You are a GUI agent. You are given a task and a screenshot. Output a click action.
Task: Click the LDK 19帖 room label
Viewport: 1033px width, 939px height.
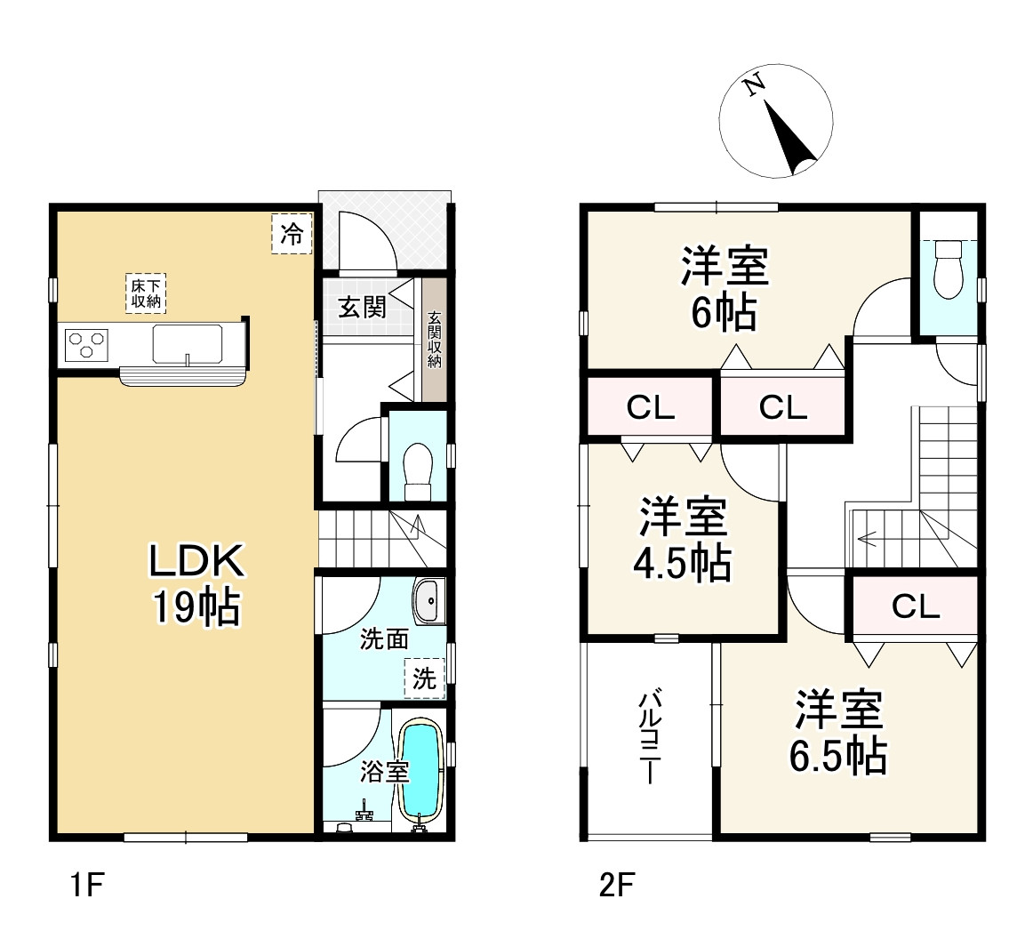pyautogui.click(x=196, y=584)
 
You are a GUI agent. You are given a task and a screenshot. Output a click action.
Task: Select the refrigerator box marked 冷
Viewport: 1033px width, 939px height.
pyautogui.click(x=292, y=233)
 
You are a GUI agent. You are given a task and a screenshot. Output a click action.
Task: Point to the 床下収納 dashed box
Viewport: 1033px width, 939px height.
pyautogui.click(x=146, y=293)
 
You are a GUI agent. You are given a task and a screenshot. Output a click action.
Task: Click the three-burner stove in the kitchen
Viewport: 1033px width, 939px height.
pyautogui.click(x=86, y=345)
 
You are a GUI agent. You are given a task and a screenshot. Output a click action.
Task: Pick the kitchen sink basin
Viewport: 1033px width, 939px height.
pyautogui.click(x=187, y=343)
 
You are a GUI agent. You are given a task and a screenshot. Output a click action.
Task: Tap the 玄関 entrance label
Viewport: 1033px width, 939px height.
pyautogui.click(x=362, y=307)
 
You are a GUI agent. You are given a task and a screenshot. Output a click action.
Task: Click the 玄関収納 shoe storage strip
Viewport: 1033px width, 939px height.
pyautogui.click(x=434, y=340)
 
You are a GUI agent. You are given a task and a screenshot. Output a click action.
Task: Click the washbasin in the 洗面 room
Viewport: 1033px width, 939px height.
pyautogui.click(x=428, y=601)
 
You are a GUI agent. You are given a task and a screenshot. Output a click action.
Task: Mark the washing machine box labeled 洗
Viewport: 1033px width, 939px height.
pyautogui.click(x=424, y=678)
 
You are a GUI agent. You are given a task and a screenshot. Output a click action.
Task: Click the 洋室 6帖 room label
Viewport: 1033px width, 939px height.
pyautogui.click(x=725, y=287)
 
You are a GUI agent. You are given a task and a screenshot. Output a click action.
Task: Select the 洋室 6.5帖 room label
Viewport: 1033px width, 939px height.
pyautogui.click(x=838, y=731)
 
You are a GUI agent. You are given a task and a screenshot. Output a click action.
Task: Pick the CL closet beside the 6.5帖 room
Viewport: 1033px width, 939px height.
pyautogui.click(x=915, y=606)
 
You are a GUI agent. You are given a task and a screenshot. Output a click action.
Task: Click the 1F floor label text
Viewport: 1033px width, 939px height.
pyautogui.click(x=87, y=885)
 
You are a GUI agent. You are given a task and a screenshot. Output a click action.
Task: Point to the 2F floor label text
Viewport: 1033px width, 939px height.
pyautogui.click(x=617, y=885)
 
